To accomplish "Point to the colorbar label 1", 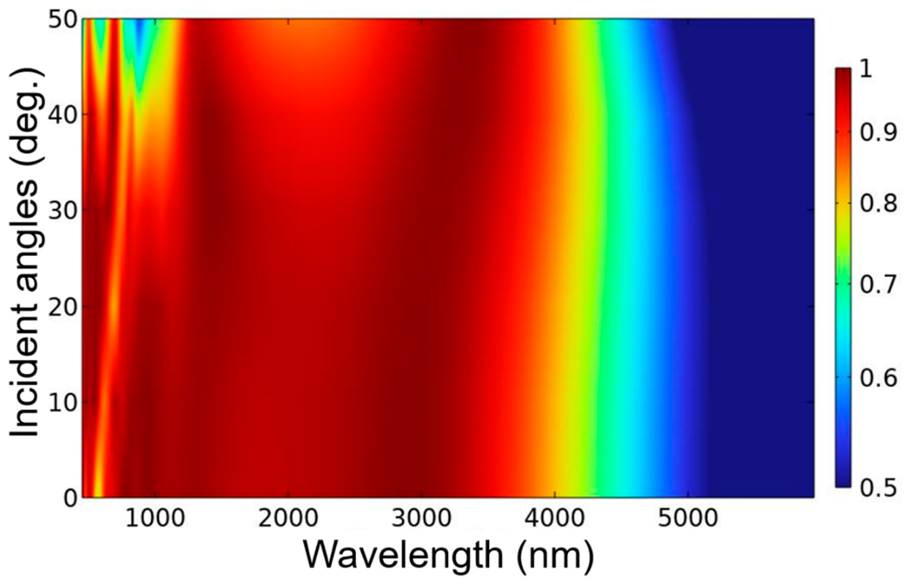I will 866,71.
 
